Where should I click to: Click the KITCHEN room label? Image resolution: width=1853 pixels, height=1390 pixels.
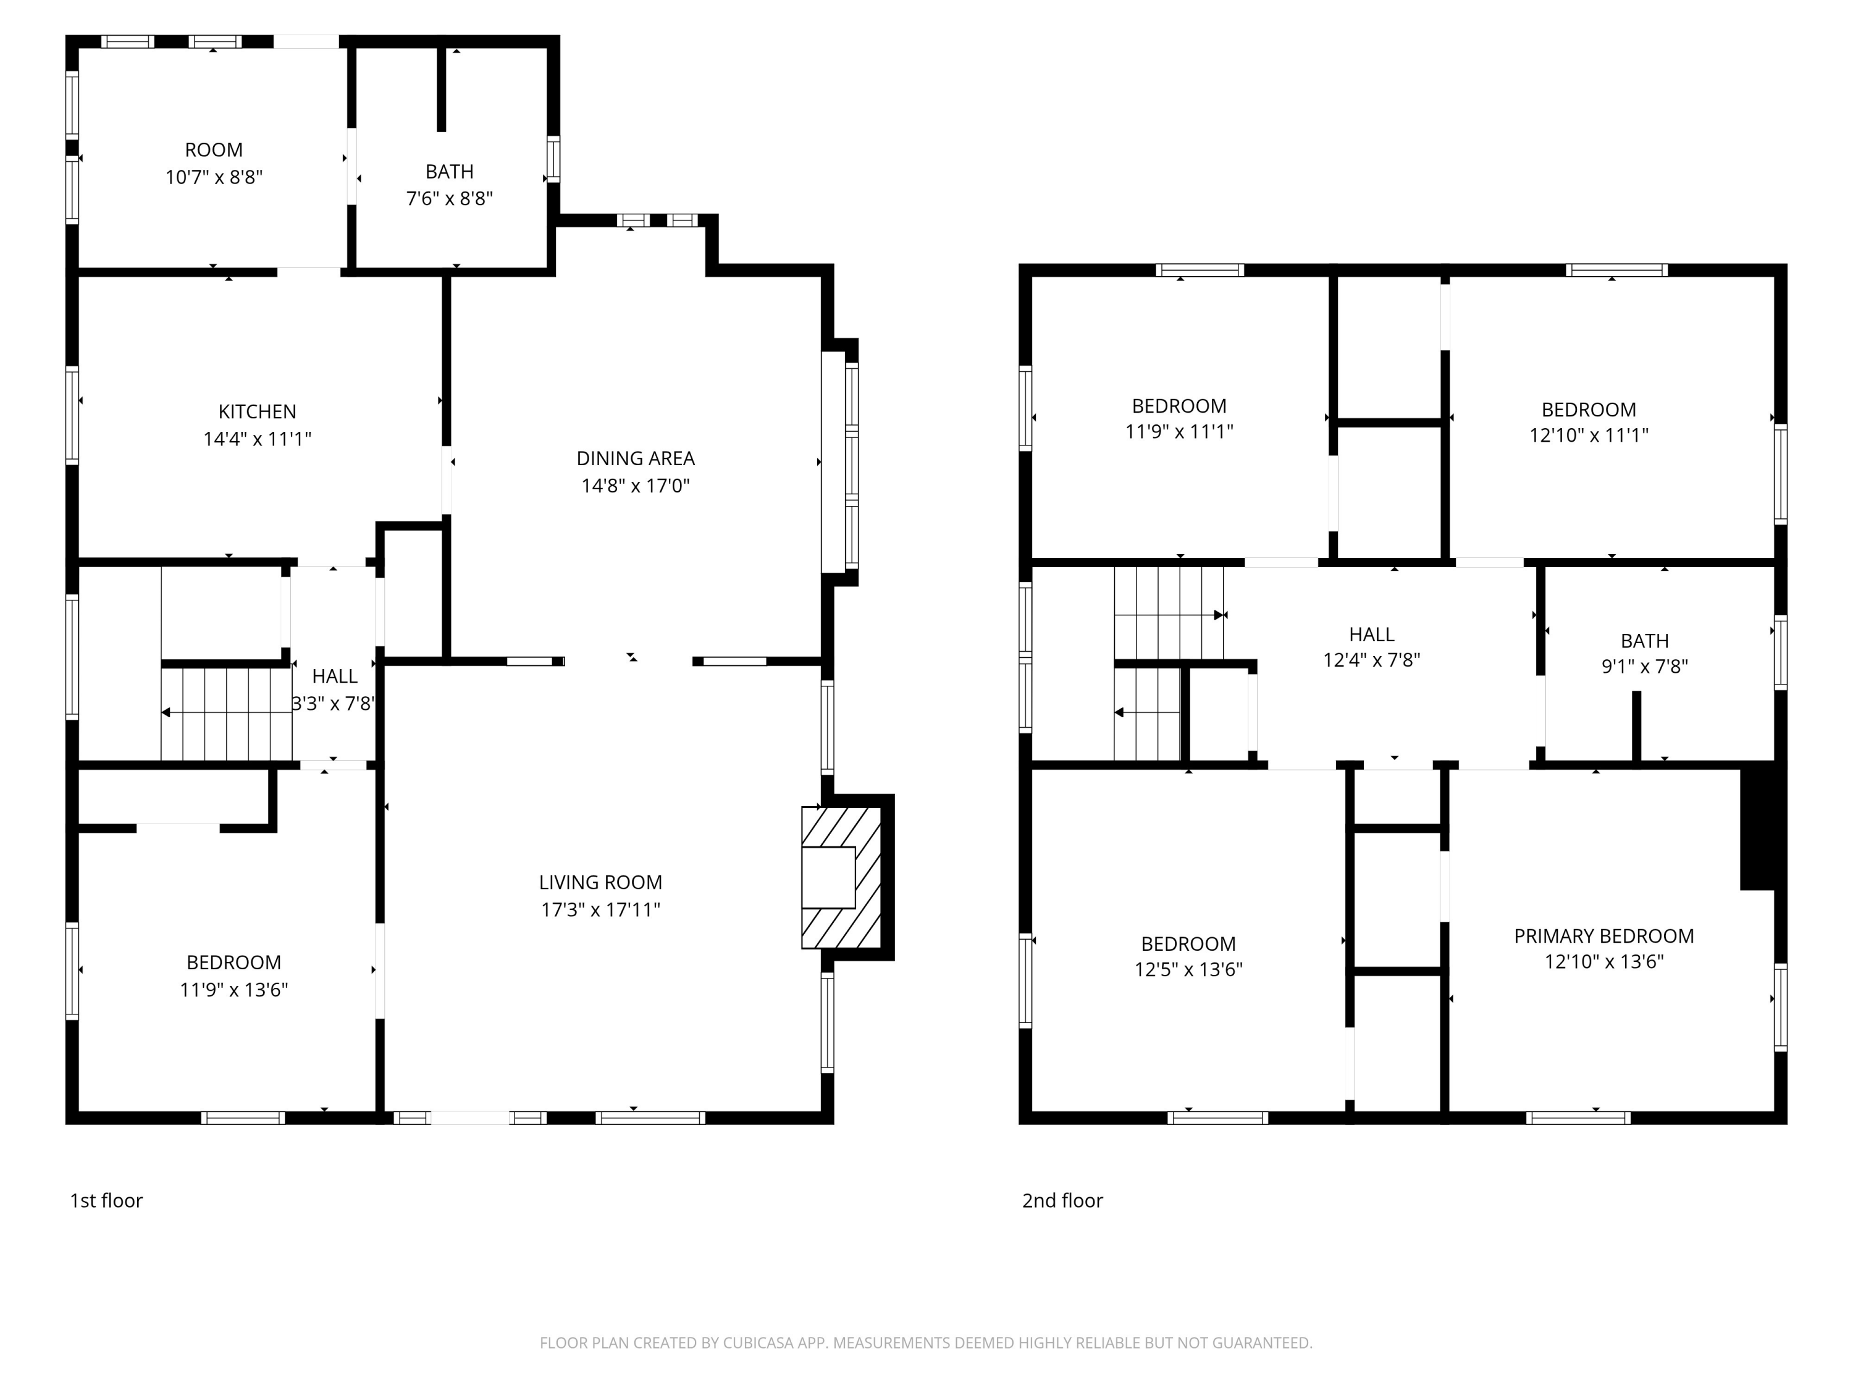[x=257, y=411]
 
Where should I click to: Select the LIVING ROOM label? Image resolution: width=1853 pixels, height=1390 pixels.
[x=600, y=882]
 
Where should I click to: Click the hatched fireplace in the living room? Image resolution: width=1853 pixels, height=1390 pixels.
[x=841, y=877]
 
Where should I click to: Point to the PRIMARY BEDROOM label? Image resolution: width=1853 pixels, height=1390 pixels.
[x=1603, y=936]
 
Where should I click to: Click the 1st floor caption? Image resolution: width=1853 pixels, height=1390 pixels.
[x=106, y=1200]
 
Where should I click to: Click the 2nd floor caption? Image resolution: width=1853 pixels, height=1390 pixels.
[x=1062, y=1200]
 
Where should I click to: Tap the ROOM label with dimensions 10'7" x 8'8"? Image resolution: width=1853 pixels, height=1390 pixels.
[x=214, y=150]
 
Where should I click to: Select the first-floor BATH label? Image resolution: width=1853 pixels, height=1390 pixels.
[x=449, y=172]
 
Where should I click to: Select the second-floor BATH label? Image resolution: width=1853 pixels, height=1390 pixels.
[x=1644, y=641]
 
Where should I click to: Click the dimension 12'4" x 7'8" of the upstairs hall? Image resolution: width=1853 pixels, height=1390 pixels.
[x=1371, y=660]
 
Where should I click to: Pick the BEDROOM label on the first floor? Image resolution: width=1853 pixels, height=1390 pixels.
[x=233, y=962]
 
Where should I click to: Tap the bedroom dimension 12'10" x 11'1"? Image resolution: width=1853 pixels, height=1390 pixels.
[x=1588, y=436]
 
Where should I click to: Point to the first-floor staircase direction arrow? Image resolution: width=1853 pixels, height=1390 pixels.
[x=167, y=712]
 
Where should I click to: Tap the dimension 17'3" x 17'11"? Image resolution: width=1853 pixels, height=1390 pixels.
[x=600, y=910]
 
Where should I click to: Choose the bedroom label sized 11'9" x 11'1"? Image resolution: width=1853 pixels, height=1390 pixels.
[x=1179, y=406]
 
